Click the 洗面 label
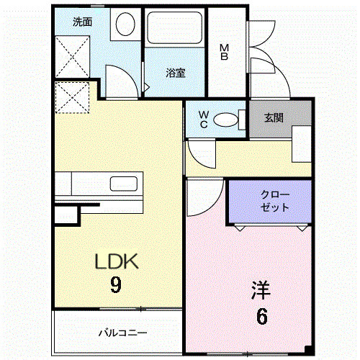[x=83, y=22]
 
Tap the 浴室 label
[x=175, y=72]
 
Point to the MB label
[x=224, y=52]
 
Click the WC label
[x=202, y=119]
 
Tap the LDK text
[x=116, y=261]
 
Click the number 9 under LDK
[x=115, y=285]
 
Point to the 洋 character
[x=261, y=290]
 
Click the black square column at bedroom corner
[x=309, y=350]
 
